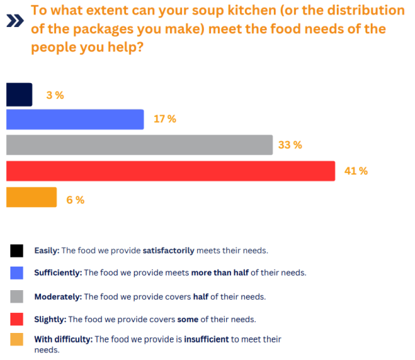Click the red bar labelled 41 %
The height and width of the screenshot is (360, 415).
click(170, 171)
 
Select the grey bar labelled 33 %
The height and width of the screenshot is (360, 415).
click(139, 145)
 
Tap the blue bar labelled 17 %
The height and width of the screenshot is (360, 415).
click(75, 119)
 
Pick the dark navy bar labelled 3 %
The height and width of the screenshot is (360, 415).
click(19, 95)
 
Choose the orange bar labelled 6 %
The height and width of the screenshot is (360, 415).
click(31, 198)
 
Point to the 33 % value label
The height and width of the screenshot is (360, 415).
click(290, 145)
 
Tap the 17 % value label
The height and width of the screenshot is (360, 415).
click(165, 119)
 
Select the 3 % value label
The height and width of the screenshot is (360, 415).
click(55, 96)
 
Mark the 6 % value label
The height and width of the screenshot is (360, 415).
click(75, 200)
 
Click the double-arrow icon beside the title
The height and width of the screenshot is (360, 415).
click(13, 21)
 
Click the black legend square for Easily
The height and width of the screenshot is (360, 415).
click(17, 250)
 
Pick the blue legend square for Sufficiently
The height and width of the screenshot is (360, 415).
click(17, 273)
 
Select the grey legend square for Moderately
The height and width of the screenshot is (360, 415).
click(17, 296)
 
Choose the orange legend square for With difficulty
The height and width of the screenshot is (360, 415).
click(17, 339)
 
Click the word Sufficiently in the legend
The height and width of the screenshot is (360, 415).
click(57, 273)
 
